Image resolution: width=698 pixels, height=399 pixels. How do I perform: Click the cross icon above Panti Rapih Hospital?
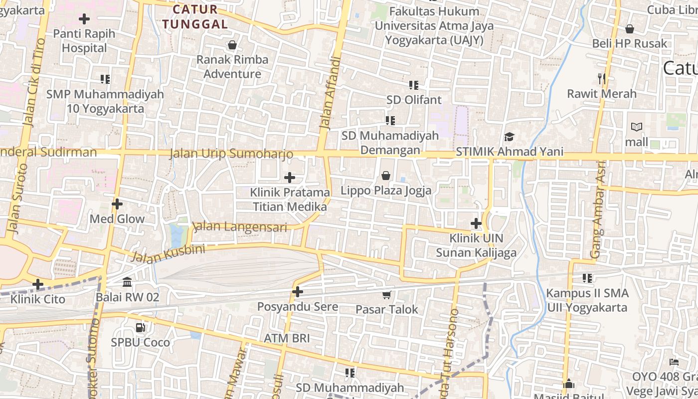pyautogui.click(x=84, y=19)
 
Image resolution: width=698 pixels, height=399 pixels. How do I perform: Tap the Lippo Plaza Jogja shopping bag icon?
pyautogui.click(x=385, y=176)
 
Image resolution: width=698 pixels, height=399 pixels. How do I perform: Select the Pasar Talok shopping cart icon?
pyautogui.click(x=386, y=295)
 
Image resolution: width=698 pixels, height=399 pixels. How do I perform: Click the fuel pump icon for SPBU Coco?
pyautogui.click(x=141, y=328)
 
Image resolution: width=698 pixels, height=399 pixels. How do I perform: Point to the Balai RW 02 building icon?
pyautogui.click(x=127, y=282)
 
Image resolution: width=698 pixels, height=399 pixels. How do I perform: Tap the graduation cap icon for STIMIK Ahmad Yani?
pyautogui.click(x=509, y=137)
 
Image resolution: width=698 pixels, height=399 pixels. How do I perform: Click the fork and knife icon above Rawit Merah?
pyautogui.click(x=602, y=78)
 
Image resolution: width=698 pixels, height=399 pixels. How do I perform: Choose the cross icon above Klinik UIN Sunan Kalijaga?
pyautogui.click(x=476, y=223)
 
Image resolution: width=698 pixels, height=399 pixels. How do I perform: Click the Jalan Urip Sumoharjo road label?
pyautogui.click(x=231, y=153)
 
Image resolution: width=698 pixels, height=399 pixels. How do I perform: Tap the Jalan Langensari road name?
pyautogui.click(x=240, y=227)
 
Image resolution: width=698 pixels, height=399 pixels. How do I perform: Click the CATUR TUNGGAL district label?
pyautogui.click(x=195, y=16)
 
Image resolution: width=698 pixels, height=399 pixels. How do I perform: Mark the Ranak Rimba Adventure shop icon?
pyautogui.click(x=232, y=45)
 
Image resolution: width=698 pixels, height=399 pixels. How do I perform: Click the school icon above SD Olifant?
pyautogui.click(x=413, y=85)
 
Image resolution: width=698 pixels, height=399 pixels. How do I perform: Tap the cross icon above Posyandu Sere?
pyautogui.click(x=298, y=292)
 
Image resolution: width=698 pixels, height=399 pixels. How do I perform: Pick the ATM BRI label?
pyautogui.click(x=287, y=338)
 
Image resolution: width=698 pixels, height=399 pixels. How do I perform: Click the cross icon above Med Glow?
pyautogui.click(x=117, y=204)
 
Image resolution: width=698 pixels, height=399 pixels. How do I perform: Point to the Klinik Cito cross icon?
pyautogui.click(x=37, y=284)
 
